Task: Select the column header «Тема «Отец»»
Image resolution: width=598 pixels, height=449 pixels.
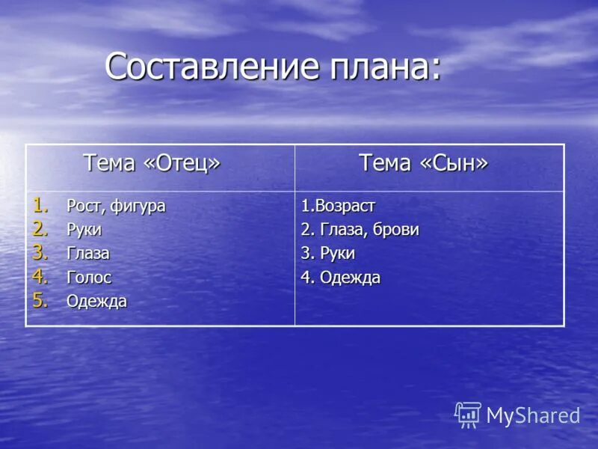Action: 152,163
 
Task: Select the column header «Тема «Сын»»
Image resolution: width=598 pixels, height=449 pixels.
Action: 423,163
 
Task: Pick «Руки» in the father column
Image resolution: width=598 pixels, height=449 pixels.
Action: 84,230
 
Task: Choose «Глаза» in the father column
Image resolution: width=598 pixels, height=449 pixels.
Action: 87,254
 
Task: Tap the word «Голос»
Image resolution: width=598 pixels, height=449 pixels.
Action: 89,278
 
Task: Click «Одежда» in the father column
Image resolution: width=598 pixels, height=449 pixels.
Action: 96,302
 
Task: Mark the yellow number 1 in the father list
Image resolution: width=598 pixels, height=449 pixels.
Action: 39,204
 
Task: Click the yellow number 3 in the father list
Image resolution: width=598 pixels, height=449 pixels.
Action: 39,252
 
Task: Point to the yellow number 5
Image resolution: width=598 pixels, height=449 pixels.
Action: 39,300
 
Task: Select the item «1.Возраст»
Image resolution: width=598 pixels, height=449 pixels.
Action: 338,206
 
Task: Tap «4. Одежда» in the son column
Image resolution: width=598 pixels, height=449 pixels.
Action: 340,278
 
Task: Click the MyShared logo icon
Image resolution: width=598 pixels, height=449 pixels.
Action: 468,414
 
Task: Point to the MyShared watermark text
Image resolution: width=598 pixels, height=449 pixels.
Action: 533,416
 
